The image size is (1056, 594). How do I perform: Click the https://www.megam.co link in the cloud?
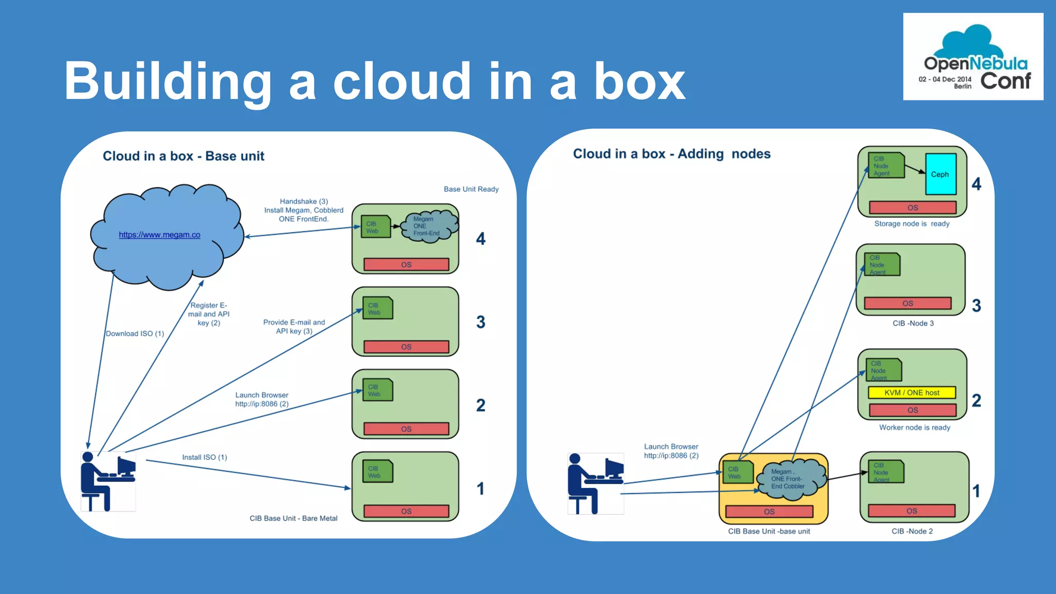159,235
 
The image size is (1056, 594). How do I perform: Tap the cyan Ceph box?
940,174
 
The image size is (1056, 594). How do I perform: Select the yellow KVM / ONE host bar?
912,392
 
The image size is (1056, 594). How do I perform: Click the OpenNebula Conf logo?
973,57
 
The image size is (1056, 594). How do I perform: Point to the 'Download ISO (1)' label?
135,334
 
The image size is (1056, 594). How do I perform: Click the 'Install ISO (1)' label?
204,457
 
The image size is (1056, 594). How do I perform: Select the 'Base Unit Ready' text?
471,189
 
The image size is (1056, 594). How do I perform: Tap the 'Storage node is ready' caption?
912,224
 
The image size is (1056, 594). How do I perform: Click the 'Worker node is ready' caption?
914,427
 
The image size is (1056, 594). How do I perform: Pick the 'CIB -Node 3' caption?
913,323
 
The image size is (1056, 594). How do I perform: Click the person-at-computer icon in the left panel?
108,481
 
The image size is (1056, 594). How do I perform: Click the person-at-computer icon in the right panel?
596,483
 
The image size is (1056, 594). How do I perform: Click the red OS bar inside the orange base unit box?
769,511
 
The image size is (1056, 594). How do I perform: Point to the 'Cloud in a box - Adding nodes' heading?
671,154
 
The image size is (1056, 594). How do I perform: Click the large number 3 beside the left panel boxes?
481,322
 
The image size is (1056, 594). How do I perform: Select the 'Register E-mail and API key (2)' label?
209,314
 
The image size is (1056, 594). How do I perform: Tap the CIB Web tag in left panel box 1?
377,472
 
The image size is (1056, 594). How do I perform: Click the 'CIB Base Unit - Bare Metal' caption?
293,518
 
